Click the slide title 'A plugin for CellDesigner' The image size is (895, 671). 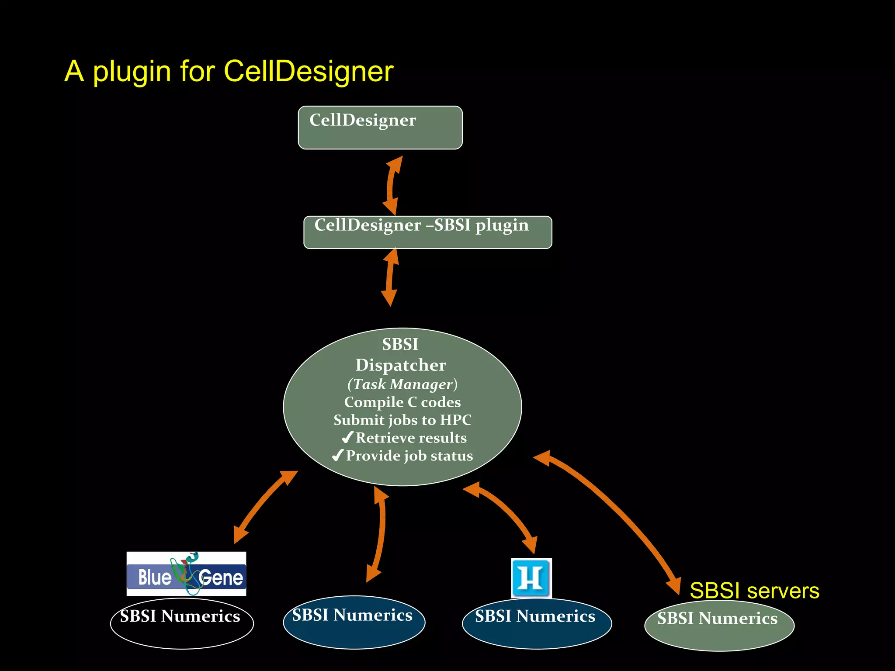tap(229, 71)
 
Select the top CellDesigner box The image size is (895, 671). tap(380, 128)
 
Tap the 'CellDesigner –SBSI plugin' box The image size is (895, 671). tap(427, 232)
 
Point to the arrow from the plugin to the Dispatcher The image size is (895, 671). tap(390, 277)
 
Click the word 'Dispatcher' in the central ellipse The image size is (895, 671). tap(400, 365)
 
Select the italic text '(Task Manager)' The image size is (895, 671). tap(402, 384)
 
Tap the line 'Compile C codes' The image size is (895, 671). tap(402, 402)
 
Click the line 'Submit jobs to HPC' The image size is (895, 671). tap(402, 420)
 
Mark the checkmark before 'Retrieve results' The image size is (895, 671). tap(347, 437)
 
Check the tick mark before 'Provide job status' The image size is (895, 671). tap(337, 456)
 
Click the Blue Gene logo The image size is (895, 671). tap(186, 574)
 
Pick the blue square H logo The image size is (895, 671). tap(531, 578)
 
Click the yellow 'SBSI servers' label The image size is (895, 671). tap(754, 591)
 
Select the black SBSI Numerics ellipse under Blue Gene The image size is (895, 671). tap(181, 623)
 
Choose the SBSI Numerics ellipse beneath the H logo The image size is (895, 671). tap(537, 623)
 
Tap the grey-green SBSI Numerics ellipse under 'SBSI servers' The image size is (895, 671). tap(719, 626)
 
